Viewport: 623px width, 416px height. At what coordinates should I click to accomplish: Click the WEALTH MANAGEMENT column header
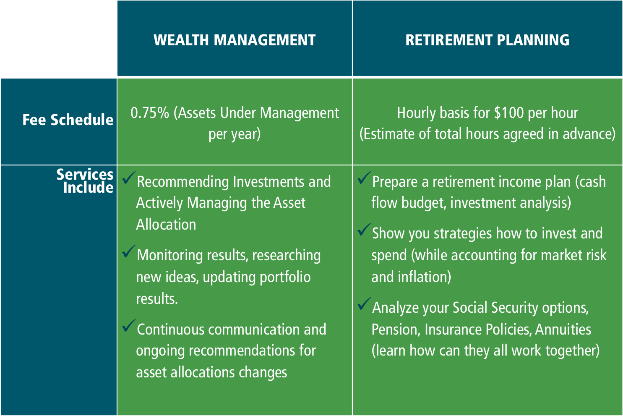[235, 40]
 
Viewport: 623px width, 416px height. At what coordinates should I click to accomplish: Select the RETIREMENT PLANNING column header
[487, 40]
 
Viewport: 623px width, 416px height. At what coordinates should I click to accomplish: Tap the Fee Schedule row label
[68, 120]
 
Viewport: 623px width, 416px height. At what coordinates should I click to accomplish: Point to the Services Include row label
[85, 181]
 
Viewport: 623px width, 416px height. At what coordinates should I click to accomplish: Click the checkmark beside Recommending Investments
[129, 178]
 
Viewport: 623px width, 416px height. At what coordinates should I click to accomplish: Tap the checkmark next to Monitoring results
[129, 251]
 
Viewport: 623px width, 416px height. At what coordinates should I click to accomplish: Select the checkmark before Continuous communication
[129, 326]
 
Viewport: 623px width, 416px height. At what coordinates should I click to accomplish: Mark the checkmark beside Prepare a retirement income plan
[364, 178]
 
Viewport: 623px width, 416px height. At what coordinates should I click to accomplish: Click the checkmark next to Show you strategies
[364, 230]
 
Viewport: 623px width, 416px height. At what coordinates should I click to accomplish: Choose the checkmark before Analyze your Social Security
[364, 304]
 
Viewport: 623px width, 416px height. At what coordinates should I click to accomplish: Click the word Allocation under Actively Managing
[166, 225]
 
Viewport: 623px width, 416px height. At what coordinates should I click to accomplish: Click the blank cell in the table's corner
[59, 39]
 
